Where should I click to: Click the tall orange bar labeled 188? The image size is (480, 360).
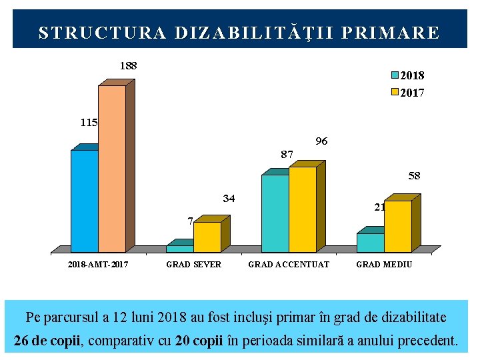[111, 168]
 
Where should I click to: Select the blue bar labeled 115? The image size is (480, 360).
[84, 200]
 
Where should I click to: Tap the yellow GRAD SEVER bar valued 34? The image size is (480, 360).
[207, 237]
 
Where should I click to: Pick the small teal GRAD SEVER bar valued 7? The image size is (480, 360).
[179, 248]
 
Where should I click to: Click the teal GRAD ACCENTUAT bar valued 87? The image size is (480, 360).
[275, 213]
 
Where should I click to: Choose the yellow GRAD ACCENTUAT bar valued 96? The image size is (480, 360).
[302, 209]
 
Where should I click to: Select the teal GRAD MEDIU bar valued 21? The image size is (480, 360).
[370, 242]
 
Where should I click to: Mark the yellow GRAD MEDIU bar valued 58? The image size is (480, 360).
[397, 226]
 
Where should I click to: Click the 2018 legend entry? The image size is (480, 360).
[407, 76]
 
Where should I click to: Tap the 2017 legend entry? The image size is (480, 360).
[407, 93]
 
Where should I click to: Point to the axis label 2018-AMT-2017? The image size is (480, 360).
[98, 265]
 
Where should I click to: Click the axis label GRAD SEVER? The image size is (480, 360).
[193, 265]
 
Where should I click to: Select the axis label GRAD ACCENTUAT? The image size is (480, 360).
[289, 265]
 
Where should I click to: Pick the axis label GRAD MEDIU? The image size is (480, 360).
[384, 265]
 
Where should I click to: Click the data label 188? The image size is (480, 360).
[128, 66]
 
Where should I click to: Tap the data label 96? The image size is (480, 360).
[321, 141]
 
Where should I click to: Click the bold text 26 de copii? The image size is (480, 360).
[46, 341]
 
